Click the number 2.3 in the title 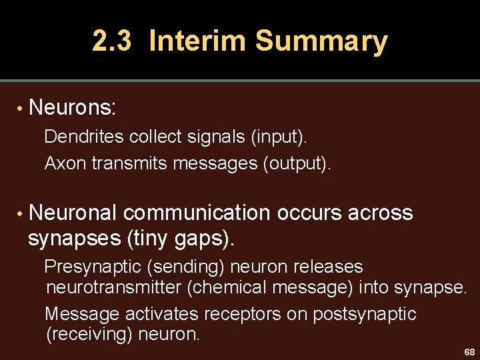112,41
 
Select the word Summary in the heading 321,41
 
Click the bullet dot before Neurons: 21,107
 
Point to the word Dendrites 84,137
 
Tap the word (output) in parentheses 297,163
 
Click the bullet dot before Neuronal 21,214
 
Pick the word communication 197,213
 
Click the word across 379,213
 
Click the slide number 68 469,351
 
